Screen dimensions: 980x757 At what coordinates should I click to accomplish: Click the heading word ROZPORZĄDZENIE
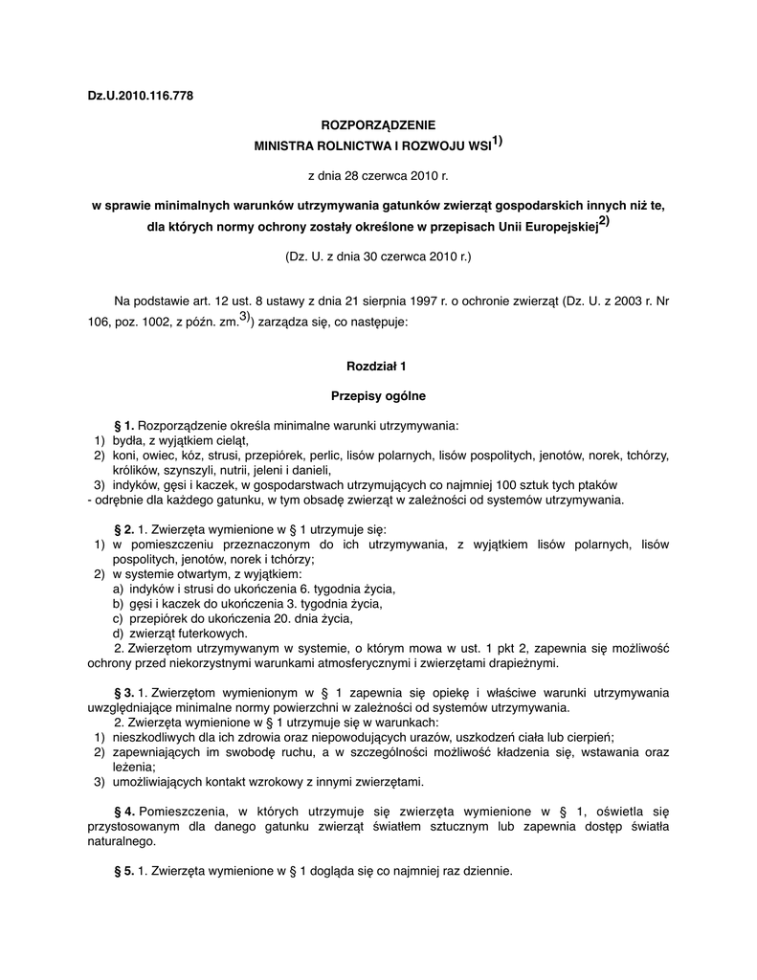click(x=377, y=125)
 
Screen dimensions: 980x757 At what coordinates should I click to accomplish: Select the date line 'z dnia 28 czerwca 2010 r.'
click(x=377, y=176)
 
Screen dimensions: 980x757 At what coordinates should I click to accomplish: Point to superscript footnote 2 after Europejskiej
click(x=604, y=222)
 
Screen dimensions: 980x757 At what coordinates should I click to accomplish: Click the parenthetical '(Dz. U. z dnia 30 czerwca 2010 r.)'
click(x=377, y=256)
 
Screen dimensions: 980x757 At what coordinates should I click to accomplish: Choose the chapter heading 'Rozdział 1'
click(x=377, y=366)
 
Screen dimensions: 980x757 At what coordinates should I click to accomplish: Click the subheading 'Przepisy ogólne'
click(x=377, y=394)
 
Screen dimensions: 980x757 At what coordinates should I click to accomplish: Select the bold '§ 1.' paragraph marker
click(x=124, y=425)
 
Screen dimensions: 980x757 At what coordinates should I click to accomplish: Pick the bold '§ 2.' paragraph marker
click(x=124, y=529)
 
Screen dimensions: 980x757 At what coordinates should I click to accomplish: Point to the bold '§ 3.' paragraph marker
click(x=124, y=692)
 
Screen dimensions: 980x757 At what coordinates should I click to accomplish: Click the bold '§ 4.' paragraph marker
click(x=124, y=813)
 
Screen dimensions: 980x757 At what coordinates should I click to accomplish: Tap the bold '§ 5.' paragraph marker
click(x=124, y=872)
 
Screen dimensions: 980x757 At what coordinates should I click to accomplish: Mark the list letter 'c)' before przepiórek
click(x=119, y=618)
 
